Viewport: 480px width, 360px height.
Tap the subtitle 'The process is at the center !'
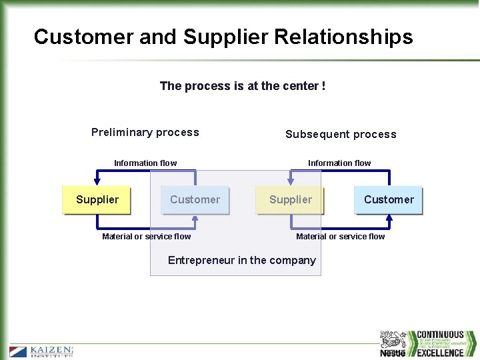tap(243, 86)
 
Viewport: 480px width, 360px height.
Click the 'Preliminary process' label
tap(145, 132)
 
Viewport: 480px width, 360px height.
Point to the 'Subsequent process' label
tap(341, 134)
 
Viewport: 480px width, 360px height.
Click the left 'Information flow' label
tap(145, 163)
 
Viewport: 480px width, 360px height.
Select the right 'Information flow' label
tap(339, 163)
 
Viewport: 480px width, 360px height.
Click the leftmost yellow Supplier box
tap(97, 199)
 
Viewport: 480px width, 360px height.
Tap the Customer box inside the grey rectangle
tap(195, 199)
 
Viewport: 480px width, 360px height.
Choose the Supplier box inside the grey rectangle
tap(290, 199)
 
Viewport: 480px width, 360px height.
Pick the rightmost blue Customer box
tap(389, 199)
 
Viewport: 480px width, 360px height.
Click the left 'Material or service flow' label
tap(146, 236)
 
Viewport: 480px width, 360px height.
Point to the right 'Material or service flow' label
tap(340, 236)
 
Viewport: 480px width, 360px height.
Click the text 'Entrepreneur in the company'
tap(241, 260)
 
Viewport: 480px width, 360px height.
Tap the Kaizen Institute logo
tap(41, 351)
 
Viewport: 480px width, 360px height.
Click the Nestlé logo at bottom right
tap(393, 344)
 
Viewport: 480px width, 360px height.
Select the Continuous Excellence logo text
tap(440, 343)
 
